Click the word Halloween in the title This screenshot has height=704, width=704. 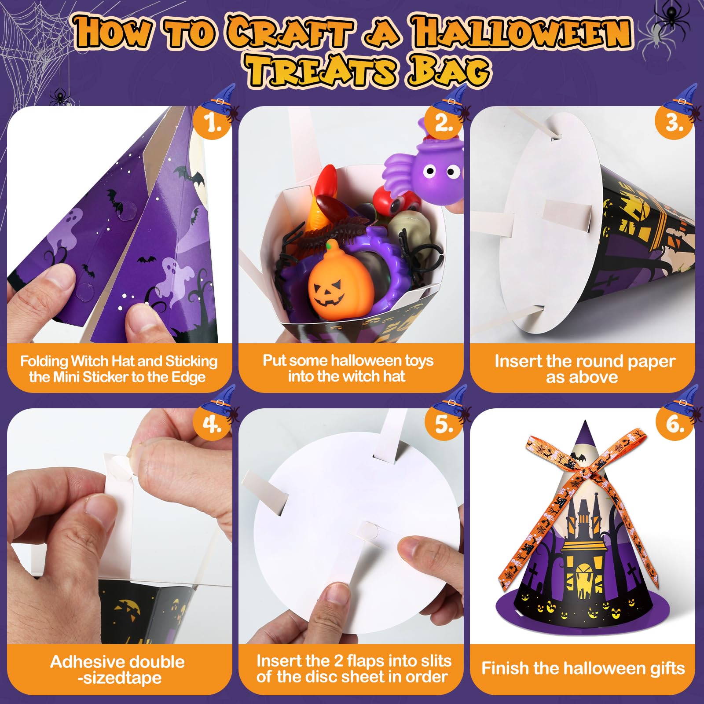point(522,33)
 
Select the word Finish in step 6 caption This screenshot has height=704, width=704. point(505,668)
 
